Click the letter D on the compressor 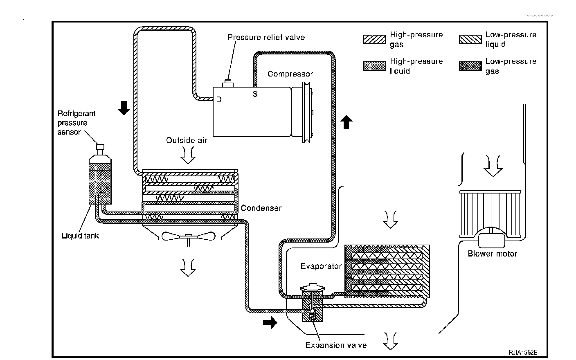point(219,99)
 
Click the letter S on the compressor point(255,94)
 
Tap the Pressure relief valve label point(266,38)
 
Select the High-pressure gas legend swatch point(374,39)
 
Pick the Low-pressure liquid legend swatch point(470,39)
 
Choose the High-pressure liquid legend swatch point(374,66)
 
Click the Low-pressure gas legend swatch point(470,66)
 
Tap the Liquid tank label point(80,236)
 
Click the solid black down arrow point(124,108)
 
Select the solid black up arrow point(346,122)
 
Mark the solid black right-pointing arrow point(270,323)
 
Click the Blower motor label point(492,254)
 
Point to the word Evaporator point(321,266)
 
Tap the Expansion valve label point(336,345)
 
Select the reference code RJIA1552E point(523,352)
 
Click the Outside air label point(187,140)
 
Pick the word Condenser point(261,208)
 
